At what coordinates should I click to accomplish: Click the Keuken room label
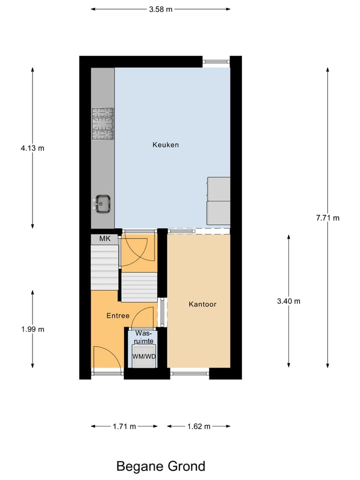tap(165, 145)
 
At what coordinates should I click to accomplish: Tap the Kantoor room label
tap(202, 304)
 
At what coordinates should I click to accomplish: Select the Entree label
tap(118, 316)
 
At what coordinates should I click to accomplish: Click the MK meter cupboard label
tap(104, 239)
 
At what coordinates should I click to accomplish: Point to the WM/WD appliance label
tap(143, 356)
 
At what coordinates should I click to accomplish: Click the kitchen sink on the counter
tap(103, 203)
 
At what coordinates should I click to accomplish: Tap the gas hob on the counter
tap(102, 123)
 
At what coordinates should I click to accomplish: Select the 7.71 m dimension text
tap(327, 218)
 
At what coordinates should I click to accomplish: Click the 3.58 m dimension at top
tap(160, 9)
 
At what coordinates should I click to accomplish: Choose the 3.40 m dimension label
tap(288, 301)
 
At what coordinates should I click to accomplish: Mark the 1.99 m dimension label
tap(33, 329)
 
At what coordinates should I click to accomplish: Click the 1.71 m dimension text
tap(124, 426)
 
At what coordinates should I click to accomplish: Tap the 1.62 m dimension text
tap(198, 426)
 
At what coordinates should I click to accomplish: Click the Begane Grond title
tap(160, 466)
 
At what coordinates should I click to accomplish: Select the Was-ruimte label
tap(144, 336)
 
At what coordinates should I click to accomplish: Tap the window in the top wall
tap(216, 61)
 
